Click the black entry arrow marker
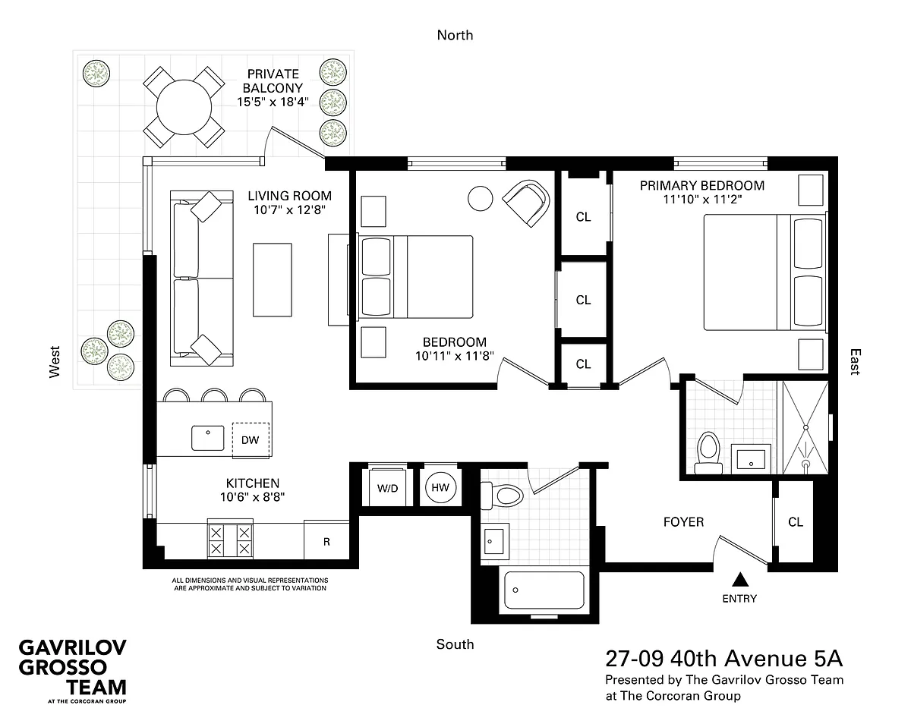[739, 579]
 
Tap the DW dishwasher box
[251, 440]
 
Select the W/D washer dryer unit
[387, 487]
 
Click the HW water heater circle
[440, 487]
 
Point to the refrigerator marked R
[326, 541]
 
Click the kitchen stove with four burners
[230, 540]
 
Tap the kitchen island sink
[207, 438]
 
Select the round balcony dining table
[184, 108]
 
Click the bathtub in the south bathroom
[544, 590]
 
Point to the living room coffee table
[273, 280]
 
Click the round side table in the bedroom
[480, 198]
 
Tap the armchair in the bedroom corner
[526, 203]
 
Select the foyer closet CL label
[796, 521]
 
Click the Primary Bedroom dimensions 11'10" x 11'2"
[702, 200]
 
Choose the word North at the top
[455, 35]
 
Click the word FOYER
[683, 521]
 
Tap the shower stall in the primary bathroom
[805, 427]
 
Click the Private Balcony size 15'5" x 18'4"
[273, 102]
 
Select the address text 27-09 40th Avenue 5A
[724, 659]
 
